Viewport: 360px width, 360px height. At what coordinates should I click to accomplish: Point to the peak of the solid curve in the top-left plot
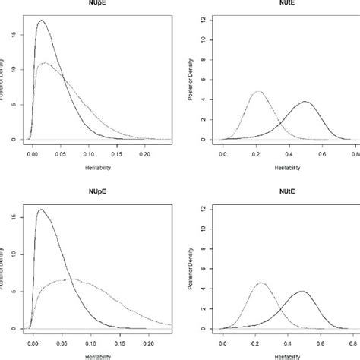[x=41, y=21]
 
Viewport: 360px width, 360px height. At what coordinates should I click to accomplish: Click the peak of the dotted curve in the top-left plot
[x=47, y=62]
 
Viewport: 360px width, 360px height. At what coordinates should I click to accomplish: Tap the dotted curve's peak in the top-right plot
[x=258, y=92]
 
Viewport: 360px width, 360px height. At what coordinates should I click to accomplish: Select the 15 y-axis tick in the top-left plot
[x=16, y=33]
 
